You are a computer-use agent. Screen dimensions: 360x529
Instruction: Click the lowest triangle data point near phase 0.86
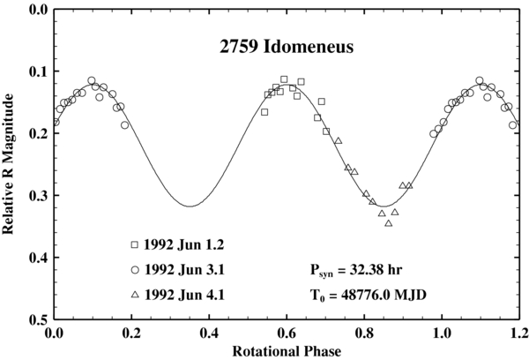click(x=388, y=223)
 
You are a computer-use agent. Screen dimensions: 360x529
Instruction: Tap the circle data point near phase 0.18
click(x=124, y=125)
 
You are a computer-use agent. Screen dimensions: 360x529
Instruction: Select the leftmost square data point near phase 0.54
click(x=264, y=112)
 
